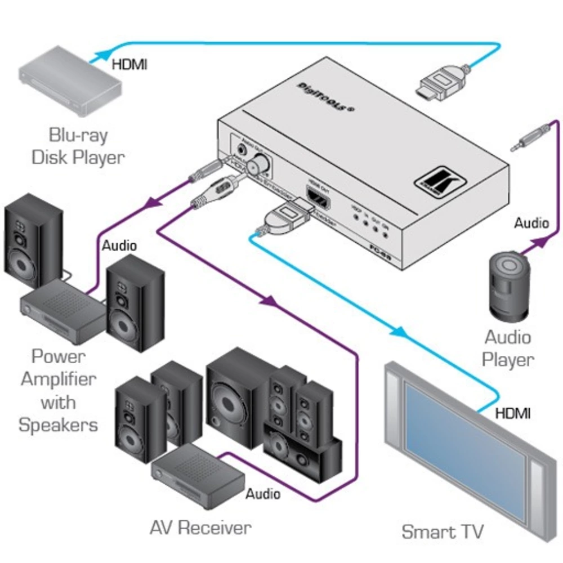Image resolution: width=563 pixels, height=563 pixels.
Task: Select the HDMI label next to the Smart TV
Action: point(512,414)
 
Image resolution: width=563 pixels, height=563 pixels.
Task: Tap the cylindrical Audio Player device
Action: point(509,285)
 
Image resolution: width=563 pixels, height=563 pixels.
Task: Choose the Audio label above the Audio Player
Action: point(531,223)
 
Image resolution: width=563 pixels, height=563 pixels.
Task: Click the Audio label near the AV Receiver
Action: point(263,494)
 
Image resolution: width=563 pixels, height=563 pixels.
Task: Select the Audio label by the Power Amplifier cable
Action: point(119,245)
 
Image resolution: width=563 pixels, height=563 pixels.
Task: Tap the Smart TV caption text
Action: point(443,531)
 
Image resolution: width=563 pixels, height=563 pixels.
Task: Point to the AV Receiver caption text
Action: point(200,528)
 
